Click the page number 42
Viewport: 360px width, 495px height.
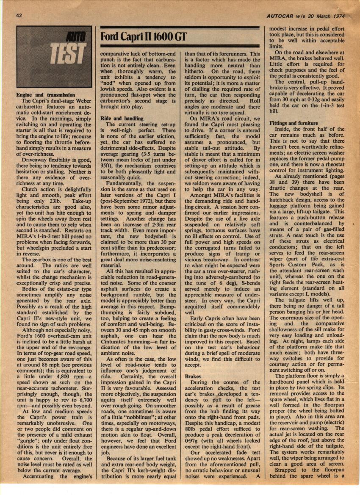click(x=19, y=16)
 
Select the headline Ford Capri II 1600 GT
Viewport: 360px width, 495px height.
click(x=143, y=37)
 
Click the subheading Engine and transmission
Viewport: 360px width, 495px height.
click(x=45, y=95)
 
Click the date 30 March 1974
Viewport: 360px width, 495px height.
click(x=326, y=16)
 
